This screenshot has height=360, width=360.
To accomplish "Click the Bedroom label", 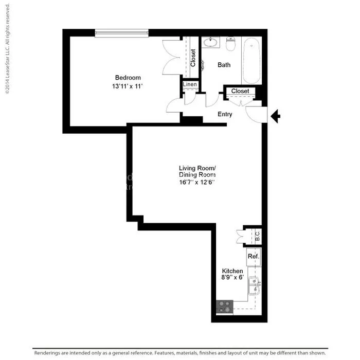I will [128, 78].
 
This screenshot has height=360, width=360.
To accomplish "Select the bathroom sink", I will [210, 42].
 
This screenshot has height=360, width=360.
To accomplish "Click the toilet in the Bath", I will [230, 45].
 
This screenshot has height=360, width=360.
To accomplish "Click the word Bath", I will [224, 65].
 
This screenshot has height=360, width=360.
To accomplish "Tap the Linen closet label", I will [190, 84].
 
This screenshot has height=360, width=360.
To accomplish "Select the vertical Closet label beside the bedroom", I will [193, 58].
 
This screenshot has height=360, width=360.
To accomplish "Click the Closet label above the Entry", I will [240, 91].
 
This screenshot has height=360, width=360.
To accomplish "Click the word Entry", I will [225, 114].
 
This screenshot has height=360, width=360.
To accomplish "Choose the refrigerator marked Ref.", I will [254, 256].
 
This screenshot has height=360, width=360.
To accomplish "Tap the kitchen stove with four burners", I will [224, 307].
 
